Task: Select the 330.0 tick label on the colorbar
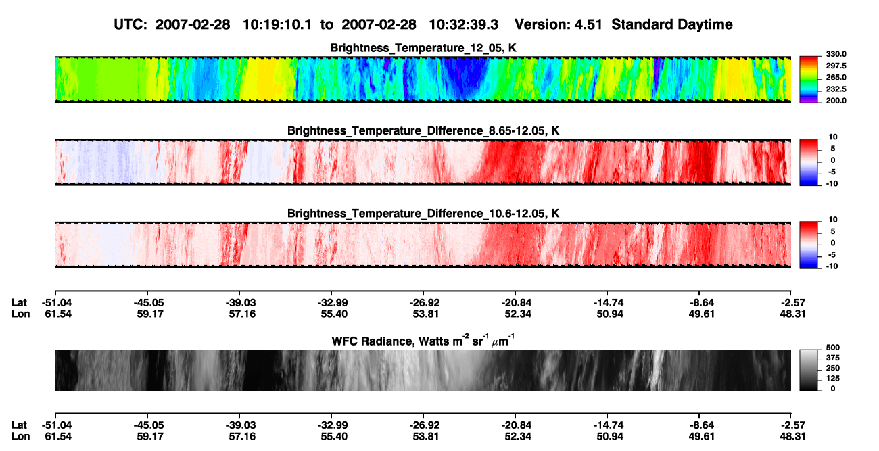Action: pos(836,54)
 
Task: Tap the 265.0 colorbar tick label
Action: pos(836,77)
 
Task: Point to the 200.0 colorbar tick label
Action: pos(836,101)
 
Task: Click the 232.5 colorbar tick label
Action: pos(836,89)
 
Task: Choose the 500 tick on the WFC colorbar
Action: pos(833,348)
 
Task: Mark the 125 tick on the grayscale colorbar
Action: pos(833,379)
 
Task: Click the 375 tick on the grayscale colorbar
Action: pos(833,358)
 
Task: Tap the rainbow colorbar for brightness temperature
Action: pos(809,80)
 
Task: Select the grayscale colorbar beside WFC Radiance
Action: pos(809,370)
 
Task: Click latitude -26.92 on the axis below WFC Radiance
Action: pos(425,425)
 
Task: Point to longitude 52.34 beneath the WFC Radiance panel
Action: pos(518,437)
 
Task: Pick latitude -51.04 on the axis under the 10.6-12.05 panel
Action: pos(57,303)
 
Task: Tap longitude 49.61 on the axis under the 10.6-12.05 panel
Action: pos(702,314)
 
